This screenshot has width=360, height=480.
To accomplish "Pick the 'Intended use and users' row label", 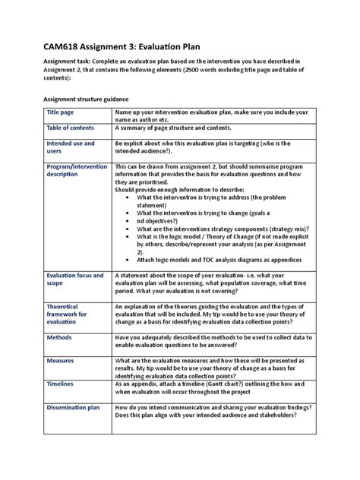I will (x=71, y=147).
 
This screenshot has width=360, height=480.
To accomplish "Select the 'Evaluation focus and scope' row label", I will (x=74, y=279).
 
